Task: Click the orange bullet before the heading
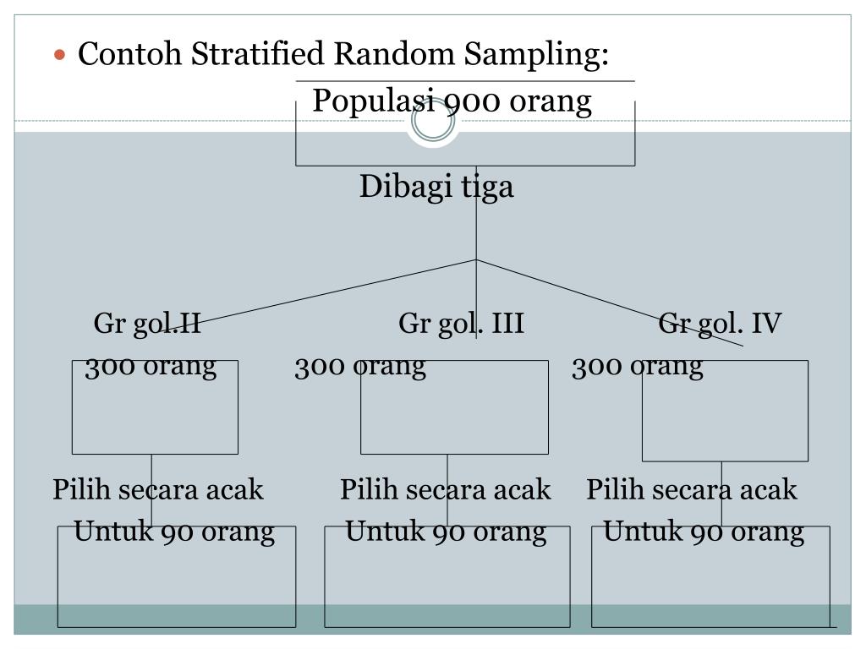tap(59, 56)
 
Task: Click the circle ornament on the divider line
tap(432, 123)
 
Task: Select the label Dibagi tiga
tap(436, 187)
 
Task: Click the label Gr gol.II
tap(147, 324)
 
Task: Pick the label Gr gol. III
tap(461, 324)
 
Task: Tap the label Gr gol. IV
tap(720, 324)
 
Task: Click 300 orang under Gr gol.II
tap(151, 367)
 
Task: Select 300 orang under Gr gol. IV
tap(637, 367)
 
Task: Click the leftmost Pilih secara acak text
tap(158, 490)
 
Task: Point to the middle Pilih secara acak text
tap(446, 490)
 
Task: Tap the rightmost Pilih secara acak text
tap(692, 490)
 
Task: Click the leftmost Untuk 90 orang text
tap(174, 532)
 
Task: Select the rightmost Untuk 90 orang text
tap(704, 532)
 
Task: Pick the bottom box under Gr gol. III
tap(447, 583)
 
